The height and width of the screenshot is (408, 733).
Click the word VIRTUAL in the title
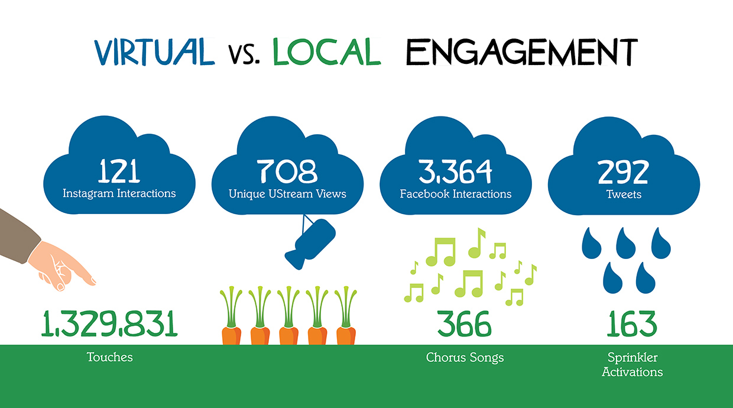point(154,51)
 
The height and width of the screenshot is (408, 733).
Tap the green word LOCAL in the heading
point(327,51)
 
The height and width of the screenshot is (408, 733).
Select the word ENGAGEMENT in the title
point(522,51)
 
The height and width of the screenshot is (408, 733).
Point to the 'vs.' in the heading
point(244,54)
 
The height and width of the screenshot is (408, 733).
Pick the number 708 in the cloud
point(287,171)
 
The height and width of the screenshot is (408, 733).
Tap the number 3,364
point(455,171)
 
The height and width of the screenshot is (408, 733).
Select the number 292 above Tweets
point(623,171)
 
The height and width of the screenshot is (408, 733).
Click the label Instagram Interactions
point(119,193)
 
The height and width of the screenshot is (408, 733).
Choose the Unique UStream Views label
point(287,194)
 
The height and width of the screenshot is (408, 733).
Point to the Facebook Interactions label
point(456,194)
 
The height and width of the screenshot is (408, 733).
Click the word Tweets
point(624,194)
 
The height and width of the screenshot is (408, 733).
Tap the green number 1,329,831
point(109,324)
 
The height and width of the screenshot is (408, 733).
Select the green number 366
point(464,324)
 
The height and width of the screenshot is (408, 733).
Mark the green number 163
point(631,324)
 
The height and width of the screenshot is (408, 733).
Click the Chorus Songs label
point(465,358)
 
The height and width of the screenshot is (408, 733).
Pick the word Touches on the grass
point(109,357)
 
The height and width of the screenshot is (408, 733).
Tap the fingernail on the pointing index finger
point(93,281)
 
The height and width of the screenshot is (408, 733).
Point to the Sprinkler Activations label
point(633,365)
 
